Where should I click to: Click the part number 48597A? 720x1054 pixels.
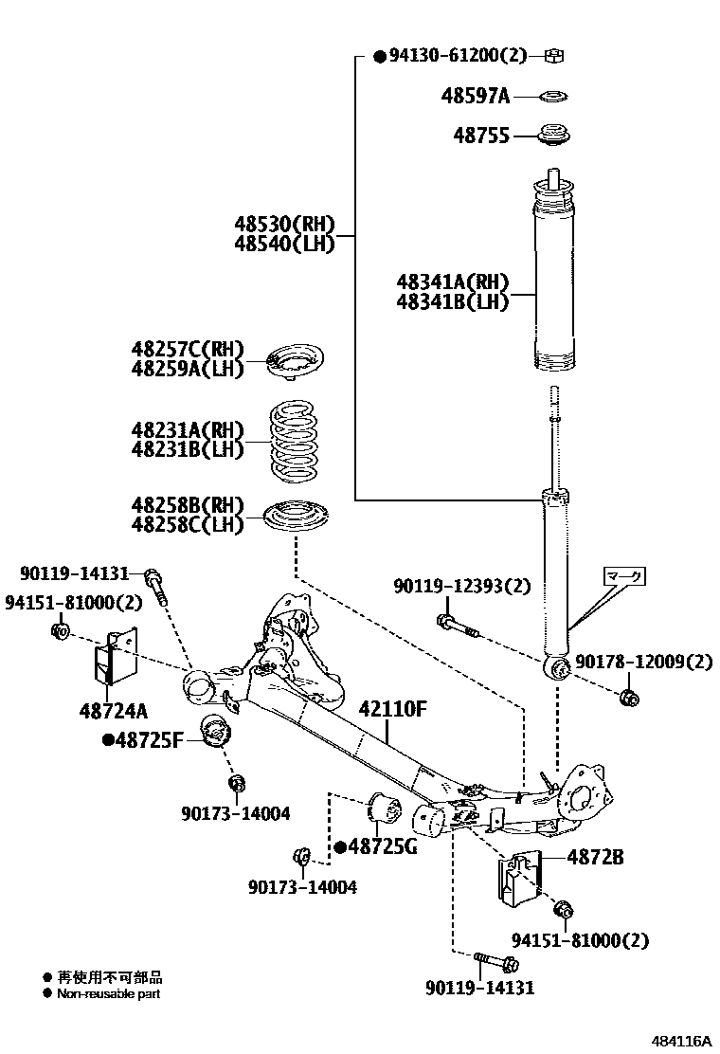point(476,96)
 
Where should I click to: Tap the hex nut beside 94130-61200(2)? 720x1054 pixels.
point(556,56)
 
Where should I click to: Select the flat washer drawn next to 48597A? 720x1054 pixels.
point(554,96)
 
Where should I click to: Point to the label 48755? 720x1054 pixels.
point(481,136)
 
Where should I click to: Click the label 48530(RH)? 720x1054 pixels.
point(285,225)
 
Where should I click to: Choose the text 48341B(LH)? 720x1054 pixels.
point(453,302)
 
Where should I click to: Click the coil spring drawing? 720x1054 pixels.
point(297,440)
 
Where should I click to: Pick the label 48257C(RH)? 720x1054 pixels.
point(188,349)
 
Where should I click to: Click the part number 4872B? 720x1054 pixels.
point(595,857)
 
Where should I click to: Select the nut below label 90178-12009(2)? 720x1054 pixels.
point(626,699)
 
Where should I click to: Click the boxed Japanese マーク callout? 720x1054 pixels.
point(623,575)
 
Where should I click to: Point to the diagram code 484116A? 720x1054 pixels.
point(680,1040)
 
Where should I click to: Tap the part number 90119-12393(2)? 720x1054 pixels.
point(462,588)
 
